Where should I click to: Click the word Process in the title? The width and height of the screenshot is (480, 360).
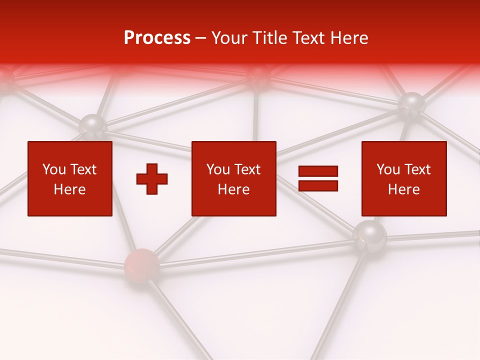tap(157, 38)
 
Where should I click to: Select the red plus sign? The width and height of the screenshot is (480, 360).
tap(152, 179)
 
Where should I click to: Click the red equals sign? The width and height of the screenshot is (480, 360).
tap(318, 178)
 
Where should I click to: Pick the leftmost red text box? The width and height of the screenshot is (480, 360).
tap(70, 178)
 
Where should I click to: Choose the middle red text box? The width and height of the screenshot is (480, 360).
tap(233, 178)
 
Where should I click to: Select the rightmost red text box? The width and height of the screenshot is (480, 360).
tap(404, 178)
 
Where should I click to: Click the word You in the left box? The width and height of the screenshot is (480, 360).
tap(54, 169)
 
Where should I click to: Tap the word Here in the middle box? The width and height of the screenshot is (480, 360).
tap(233, 189)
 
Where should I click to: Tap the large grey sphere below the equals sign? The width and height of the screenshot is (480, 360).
tap(369, 234)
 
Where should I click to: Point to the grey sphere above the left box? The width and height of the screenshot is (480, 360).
tap(93, 125)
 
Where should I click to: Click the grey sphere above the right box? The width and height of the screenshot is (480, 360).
tap(412, 103)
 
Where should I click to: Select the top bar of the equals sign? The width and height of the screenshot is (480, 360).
tap(318, 171)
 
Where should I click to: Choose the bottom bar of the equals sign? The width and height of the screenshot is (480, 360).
tap(318, 185)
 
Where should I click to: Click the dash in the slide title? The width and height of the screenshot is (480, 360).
tap(201, 38)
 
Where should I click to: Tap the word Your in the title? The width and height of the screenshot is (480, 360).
tap(228, 38)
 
